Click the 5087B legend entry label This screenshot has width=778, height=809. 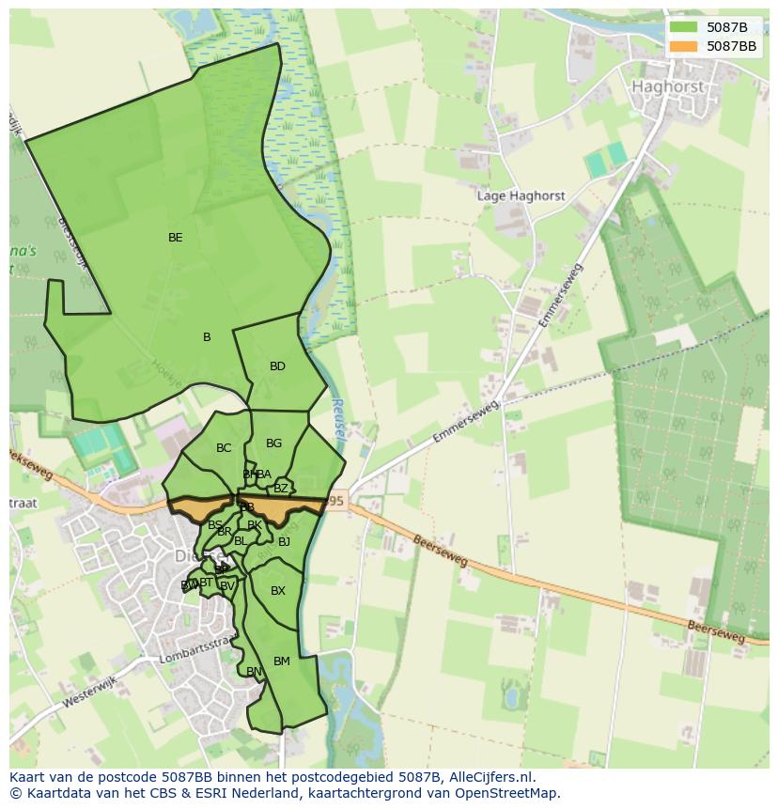(x=727, y=27)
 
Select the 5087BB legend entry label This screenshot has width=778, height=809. (x=731, y=46)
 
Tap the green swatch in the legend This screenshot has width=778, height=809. (x=684, y=27)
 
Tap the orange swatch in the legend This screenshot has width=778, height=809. (x=684, y=46)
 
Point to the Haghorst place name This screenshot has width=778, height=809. (x=668, y=86)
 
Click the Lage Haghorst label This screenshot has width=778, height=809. (x=521, y=196)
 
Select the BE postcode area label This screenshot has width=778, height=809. (x=176, y=238)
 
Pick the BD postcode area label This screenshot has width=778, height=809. (x=277, y=366)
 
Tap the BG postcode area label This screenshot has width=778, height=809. (x=273, y=443)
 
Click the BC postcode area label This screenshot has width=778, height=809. (x=224, y=448)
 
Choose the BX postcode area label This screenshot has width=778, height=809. (x=278, y=591)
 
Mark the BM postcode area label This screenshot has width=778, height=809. (x=282, y=661)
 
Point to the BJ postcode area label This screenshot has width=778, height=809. (x=284, y=542)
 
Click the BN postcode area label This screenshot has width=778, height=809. (x=254, y=672)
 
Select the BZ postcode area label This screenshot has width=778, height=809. (x=281, y=489)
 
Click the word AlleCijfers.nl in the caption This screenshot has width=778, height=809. (x=489, y=777)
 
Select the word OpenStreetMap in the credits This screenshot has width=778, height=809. (x=513, y=793)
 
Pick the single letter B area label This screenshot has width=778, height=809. (x=207, y=337)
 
